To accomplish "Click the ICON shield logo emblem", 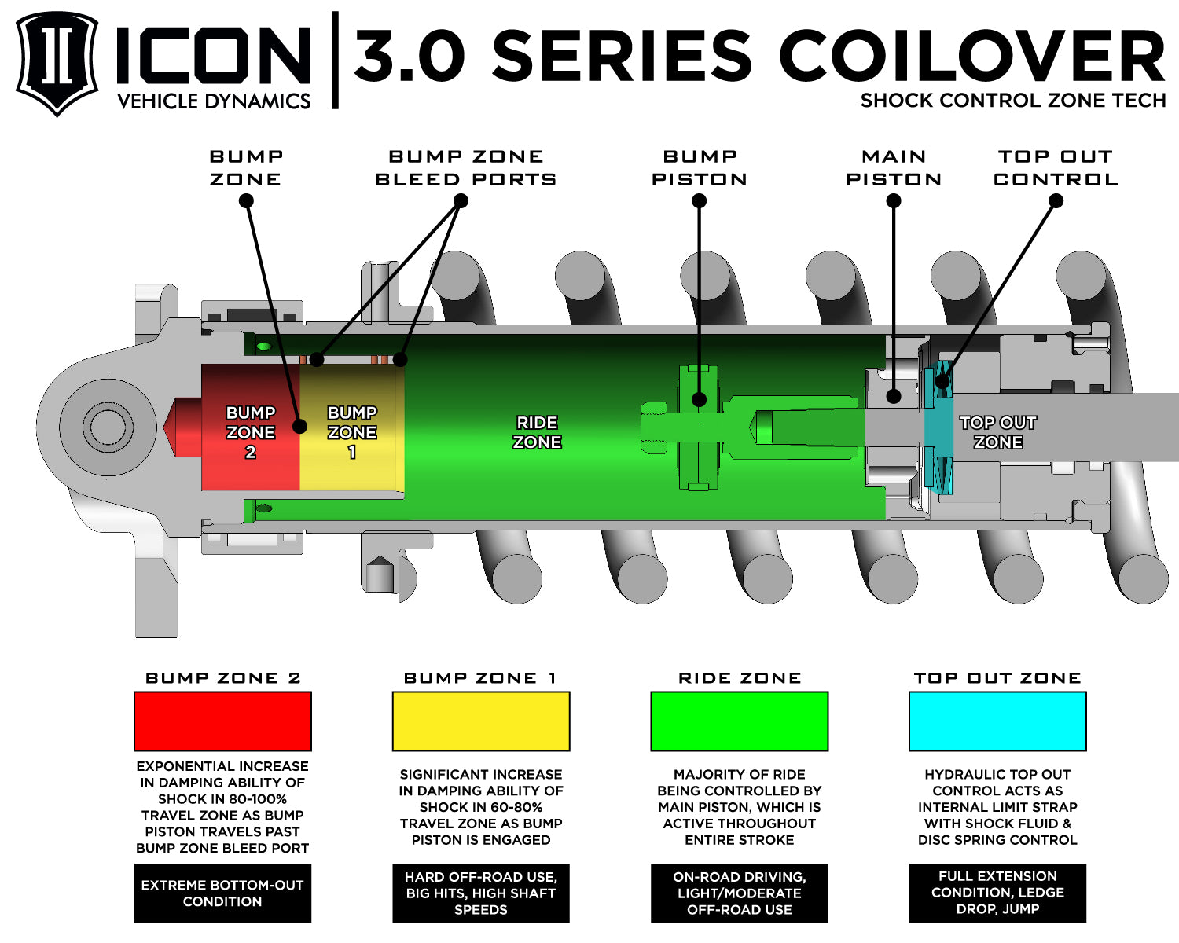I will (57, 63).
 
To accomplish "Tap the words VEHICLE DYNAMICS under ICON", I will (214, 101).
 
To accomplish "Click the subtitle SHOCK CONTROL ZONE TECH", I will (1012, 101).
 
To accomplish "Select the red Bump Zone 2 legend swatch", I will (222, 721).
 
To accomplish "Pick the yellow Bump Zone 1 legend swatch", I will (481, 721).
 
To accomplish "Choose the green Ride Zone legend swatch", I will (739, 721).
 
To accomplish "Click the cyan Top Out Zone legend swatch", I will (997, 721).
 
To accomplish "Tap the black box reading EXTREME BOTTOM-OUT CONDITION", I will (222, 893).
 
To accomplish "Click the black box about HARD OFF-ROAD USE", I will (481, 893).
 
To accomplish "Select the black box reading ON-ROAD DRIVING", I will (739, 893).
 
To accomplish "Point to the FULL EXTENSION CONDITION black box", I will (997, 893).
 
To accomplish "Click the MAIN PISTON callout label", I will (894, 168).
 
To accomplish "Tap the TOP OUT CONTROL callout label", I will (1056, 168).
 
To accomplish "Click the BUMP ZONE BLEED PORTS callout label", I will (465, 168).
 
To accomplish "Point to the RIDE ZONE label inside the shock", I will (537, 432).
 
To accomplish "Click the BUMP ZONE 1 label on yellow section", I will (351, 432).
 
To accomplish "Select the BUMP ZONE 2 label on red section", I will (250, 432).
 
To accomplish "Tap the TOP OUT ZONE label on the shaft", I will (997, 432).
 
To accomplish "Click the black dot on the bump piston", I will (699, 399).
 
